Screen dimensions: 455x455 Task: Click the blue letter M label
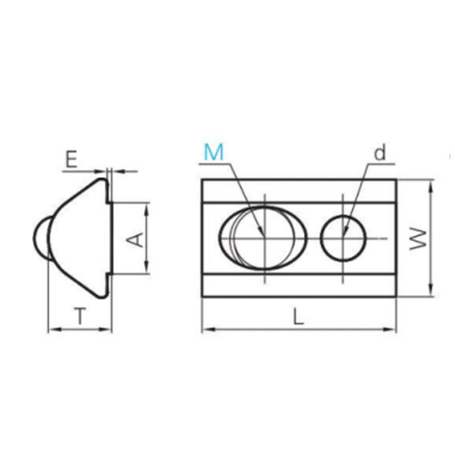(x=214, y=152)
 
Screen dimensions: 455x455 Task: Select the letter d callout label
(x=380, y=152)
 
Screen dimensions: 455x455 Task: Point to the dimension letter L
(x=298, y=316)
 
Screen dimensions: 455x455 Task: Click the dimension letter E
(x=71, y=160)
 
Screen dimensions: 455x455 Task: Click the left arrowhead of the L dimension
(x=206, y=328)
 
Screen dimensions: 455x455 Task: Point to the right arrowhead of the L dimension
(x=392, y=328)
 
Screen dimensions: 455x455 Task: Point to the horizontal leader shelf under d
(x=381, y=164)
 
